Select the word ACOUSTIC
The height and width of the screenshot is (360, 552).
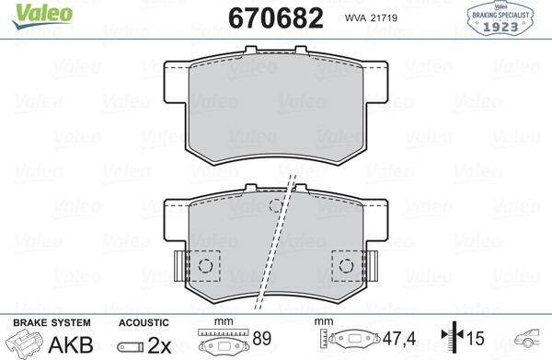point(143,323)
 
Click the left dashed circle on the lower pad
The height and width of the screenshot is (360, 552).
point(205,266)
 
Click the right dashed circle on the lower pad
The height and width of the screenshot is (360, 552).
point(347,266)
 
